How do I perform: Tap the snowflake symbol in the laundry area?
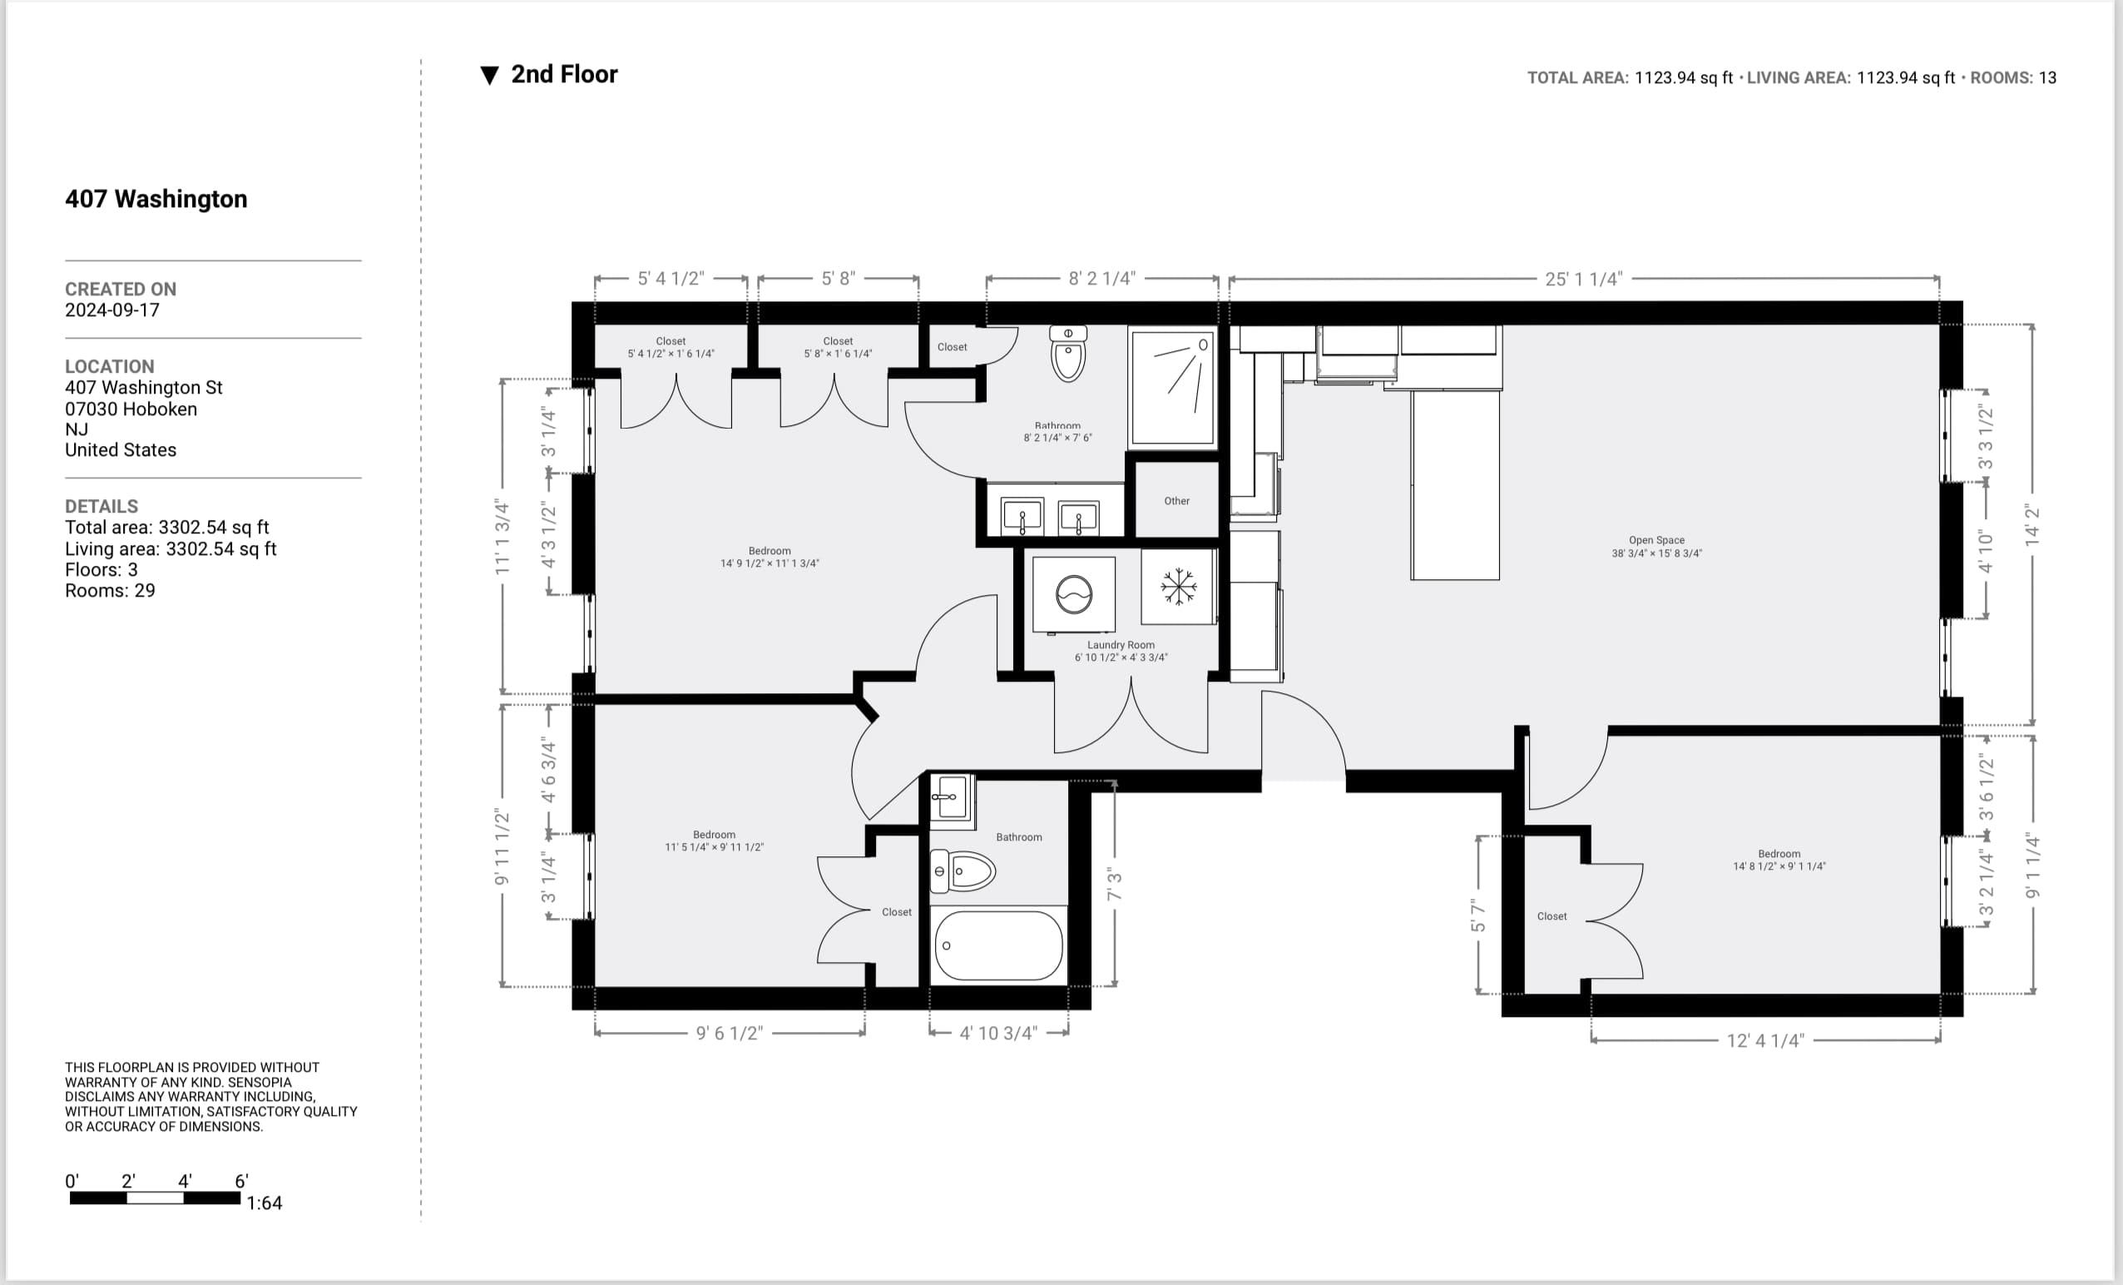(1178, 587)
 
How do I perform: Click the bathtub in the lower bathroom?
(998, 945)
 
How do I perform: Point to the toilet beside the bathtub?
(963, 871)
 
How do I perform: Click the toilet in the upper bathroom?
(1068, 355)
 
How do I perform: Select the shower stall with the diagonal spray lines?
(1173, 388)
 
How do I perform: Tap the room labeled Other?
(1176, 501)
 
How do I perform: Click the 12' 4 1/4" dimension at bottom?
(1764, 1041)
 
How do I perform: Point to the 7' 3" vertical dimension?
(1115, 886)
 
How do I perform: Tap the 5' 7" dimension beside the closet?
(1478, 915)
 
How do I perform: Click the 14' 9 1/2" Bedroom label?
(770, 557)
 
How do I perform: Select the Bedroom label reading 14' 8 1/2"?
(1779, 859)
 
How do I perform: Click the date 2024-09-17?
(112, 310)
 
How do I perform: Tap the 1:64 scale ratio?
(264, 1203)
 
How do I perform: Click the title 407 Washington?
(156, 199)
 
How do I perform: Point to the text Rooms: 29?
(110, 590)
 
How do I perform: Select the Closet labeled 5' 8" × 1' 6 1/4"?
(838, 347)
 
